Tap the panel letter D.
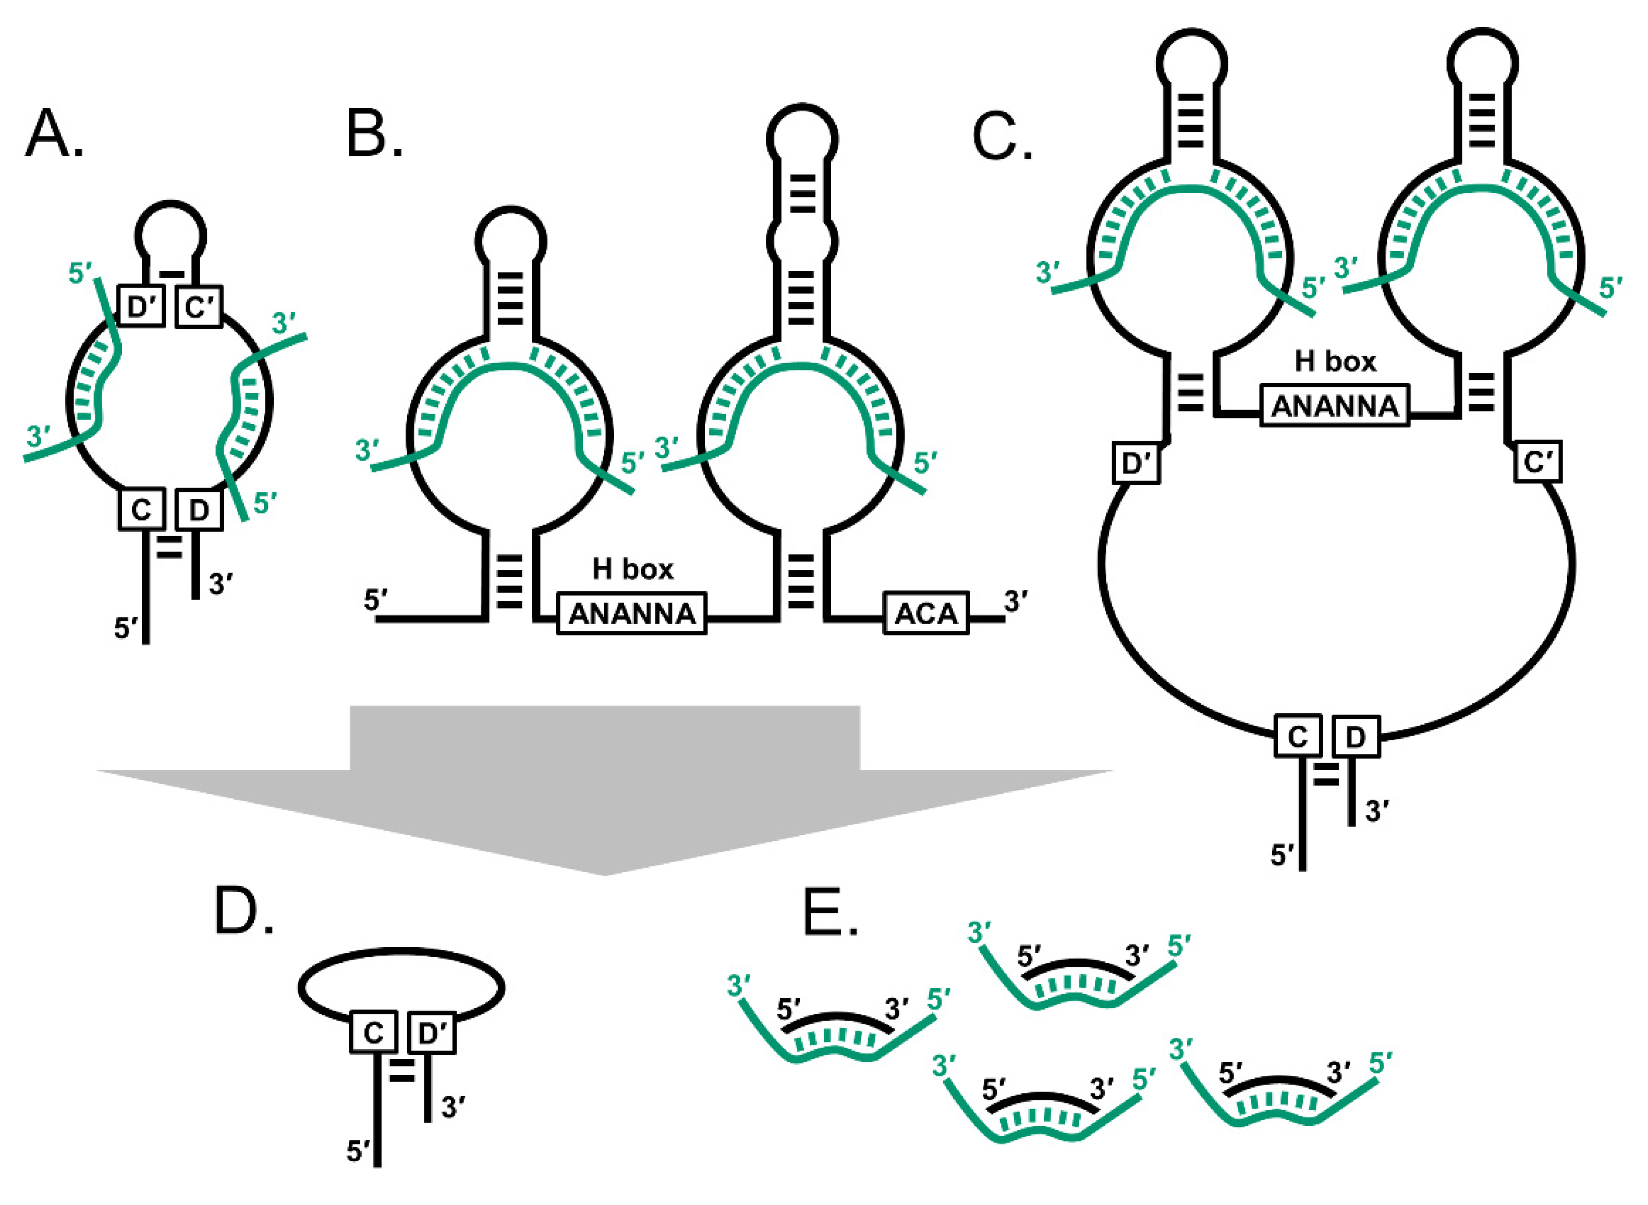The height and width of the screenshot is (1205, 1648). coord(239,912)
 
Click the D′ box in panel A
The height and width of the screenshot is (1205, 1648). coord(142,307)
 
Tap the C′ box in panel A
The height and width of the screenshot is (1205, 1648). coord(199,307)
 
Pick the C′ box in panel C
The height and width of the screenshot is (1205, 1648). coord(1538,462)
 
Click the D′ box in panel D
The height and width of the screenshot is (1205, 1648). coord(432,1032)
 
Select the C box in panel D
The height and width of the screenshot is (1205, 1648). coord(373,1032)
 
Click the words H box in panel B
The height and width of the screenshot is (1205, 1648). coord(632,569)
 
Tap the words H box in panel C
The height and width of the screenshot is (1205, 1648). coord(1335,362)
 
